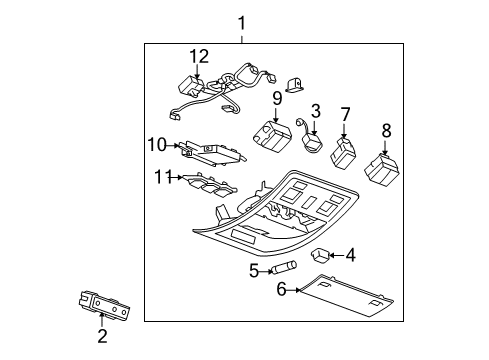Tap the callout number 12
tap(199, 55)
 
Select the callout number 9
tap(276, 98)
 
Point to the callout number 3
tap(315, 110)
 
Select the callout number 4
tap(349, 256)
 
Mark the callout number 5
tap(253, 269)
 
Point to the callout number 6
tap(281, 290)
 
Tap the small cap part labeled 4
tap(324, 255)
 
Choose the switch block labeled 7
tap(343, 154)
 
